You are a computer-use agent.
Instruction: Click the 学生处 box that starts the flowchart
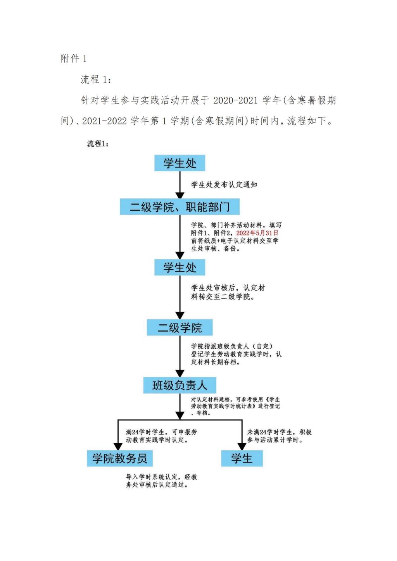[x=180, y=163]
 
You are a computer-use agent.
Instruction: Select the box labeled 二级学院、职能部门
[x=180, y=207]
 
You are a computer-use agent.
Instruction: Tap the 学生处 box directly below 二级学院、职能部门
[x=180, y=267]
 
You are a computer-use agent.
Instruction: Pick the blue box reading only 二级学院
[x=180, y=327]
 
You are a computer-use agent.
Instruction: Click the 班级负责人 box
[x=180, y=385]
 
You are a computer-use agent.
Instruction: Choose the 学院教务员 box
[x=119, y=458]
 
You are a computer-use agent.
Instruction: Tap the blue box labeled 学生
[x=242, y=458]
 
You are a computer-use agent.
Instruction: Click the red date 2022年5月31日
[x=257, y=233]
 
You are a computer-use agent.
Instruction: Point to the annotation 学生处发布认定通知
[x=224, y=184]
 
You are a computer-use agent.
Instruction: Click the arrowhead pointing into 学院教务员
[x=118, y=446]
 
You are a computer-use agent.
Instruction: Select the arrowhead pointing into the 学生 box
[x=242, y=446]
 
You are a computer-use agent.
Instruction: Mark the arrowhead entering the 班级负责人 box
[x=180, y=373]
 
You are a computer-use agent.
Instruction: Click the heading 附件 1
[x=73, y=59]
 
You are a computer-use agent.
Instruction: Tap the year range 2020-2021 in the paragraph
[x=235, y=100]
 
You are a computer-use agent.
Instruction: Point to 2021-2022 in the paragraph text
[x=104, y=121]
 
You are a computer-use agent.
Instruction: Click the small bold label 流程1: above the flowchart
[x=98, y=143]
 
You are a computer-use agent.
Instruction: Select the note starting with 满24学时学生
[x=161, y=436]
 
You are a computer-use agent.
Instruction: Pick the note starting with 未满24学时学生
[x=279, y=436]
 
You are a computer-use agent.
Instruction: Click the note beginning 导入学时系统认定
[x=161, y=481]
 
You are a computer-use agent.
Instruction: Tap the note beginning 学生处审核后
[x=228, y=292]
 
